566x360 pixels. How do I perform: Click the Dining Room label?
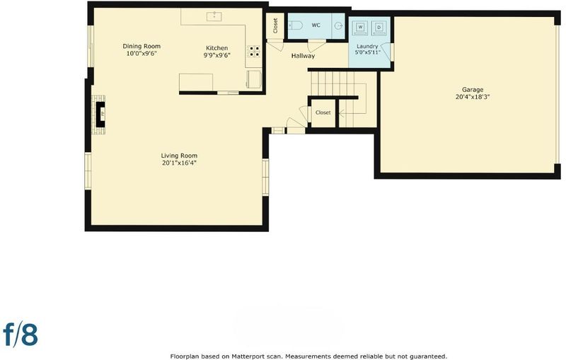tap(141, 46)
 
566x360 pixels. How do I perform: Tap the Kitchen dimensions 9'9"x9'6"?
tap(217, 55)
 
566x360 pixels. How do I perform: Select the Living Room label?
tap(179, 156)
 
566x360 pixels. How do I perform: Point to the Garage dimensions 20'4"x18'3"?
tap(473, 97)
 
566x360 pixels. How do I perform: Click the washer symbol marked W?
tap(361, 28)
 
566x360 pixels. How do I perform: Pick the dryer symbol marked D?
tap(379, 28)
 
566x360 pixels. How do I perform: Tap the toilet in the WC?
tap(296, 25)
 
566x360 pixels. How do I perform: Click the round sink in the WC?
tap(339, 25)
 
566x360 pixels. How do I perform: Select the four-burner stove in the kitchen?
tap(254, 51)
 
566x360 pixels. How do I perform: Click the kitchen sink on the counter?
tap(214, 16)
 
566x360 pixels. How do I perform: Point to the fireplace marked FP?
tap(100, 115)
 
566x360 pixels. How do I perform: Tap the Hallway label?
tap(304, 56)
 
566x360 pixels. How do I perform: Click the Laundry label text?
tap(367, 46)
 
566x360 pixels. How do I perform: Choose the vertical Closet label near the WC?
tap(275, 25)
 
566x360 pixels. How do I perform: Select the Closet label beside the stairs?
tap(323, 112)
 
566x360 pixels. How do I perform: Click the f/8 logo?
tap(21, 334)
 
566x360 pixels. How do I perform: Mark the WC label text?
tap(316, 25)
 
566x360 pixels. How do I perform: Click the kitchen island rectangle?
tap(196, 82)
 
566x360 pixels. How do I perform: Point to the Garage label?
tap(473, 89)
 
